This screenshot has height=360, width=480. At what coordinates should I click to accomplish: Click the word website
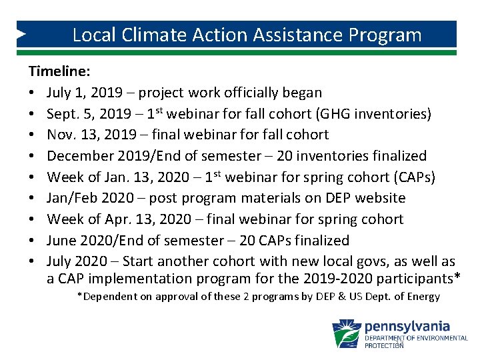(x=380, y=198)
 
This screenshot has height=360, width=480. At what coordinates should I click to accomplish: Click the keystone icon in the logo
(x=346, y=333)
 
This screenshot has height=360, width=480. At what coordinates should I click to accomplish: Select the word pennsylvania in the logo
(x=407, y=327)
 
